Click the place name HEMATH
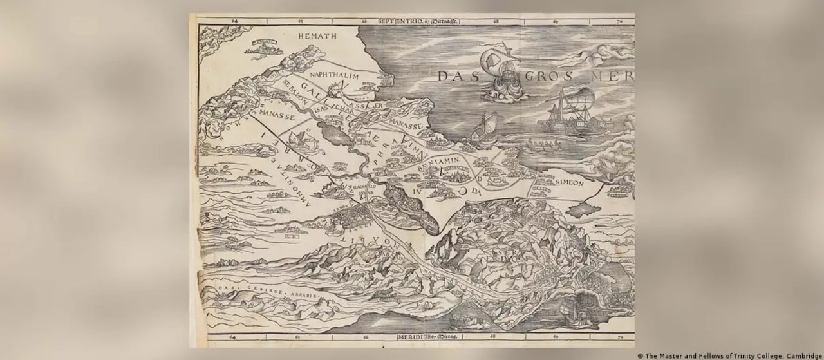point(317,38)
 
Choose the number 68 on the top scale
point(495,21)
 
